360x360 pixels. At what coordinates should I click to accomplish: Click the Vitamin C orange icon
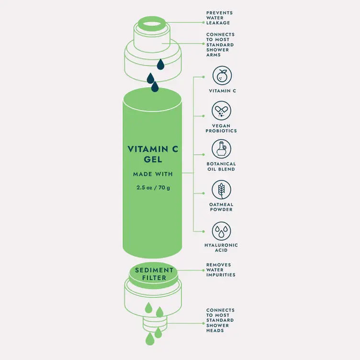222,76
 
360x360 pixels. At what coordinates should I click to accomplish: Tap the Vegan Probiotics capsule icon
222,111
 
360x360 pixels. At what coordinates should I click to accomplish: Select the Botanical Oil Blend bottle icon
222,148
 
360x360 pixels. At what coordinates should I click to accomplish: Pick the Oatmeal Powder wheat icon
222,190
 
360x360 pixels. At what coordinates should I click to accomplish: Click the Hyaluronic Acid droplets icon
222,231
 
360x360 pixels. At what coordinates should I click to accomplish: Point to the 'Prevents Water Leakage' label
218,18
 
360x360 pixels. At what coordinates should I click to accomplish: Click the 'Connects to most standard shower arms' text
220,45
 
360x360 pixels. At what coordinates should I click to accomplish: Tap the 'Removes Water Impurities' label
221,270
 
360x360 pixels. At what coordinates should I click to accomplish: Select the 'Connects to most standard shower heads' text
220,320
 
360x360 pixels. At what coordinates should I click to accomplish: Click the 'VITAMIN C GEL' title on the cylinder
153,154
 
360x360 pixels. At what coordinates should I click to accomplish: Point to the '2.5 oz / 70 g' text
153,187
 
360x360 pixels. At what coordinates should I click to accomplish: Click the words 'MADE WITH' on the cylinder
153,174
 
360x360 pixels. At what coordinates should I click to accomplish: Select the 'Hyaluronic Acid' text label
221,247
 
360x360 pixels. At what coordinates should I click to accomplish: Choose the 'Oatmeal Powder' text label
221,207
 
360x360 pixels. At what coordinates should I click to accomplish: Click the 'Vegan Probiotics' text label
221,128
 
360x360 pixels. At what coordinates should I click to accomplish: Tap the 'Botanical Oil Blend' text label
221,166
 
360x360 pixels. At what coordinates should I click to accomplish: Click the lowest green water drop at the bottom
150,339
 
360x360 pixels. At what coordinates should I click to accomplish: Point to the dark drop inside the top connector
160,64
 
